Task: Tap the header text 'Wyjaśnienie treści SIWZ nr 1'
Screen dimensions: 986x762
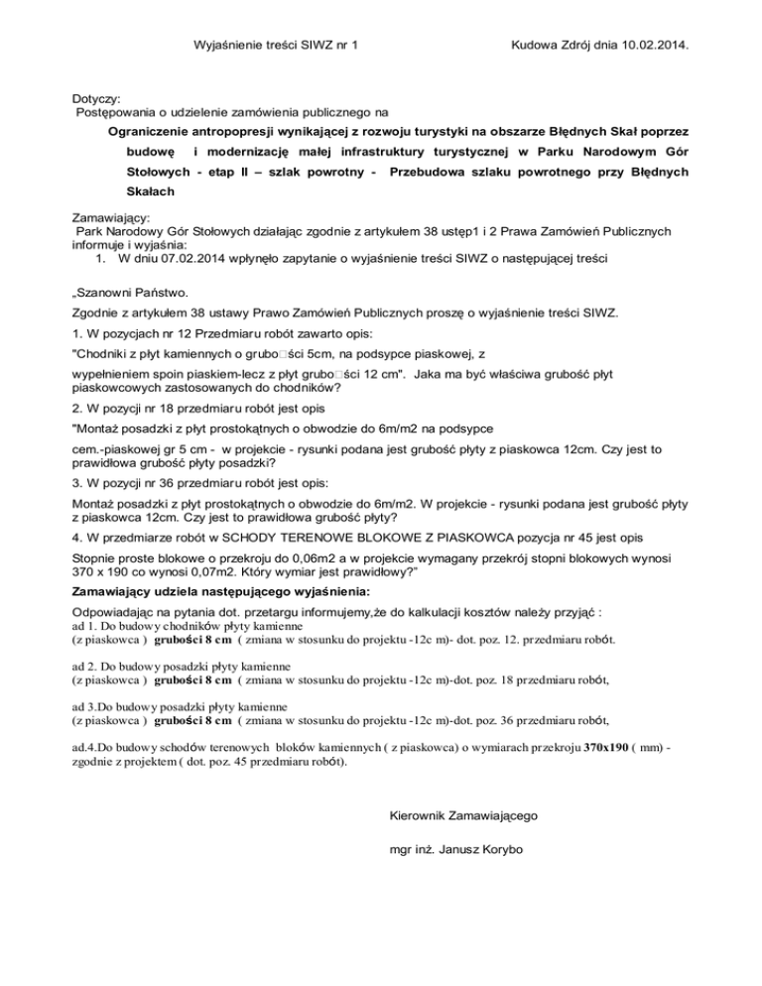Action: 275,46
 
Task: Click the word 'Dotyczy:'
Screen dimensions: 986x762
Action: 96,99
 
